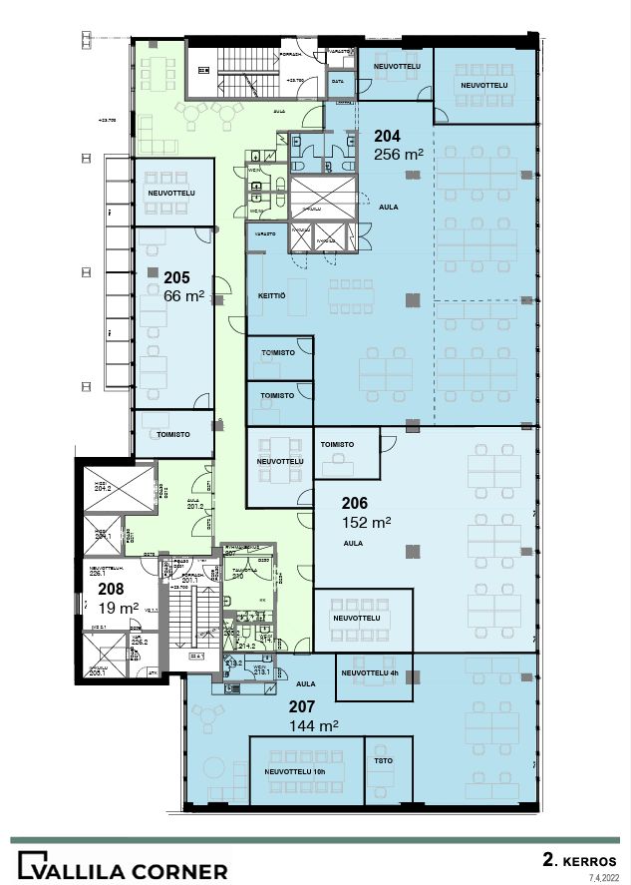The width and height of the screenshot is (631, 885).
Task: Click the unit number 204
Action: point(388,137)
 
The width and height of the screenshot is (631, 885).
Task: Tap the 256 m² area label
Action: point(399,155)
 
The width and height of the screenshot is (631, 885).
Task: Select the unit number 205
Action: point(176,277)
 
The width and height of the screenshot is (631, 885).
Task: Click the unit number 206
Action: point(356,504)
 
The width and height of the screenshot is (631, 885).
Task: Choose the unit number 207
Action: point(302,706)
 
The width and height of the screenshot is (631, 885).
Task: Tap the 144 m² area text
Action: point(313,724)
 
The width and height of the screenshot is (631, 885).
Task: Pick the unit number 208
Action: point(111,589)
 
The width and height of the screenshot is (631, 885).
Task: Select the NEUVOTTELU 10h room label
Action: point(297,771)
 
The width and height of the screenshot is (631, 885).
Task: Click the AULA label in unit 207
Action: point(306,684)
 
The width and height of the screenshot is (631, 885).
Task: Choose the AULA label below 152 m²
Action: point(353,544)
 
